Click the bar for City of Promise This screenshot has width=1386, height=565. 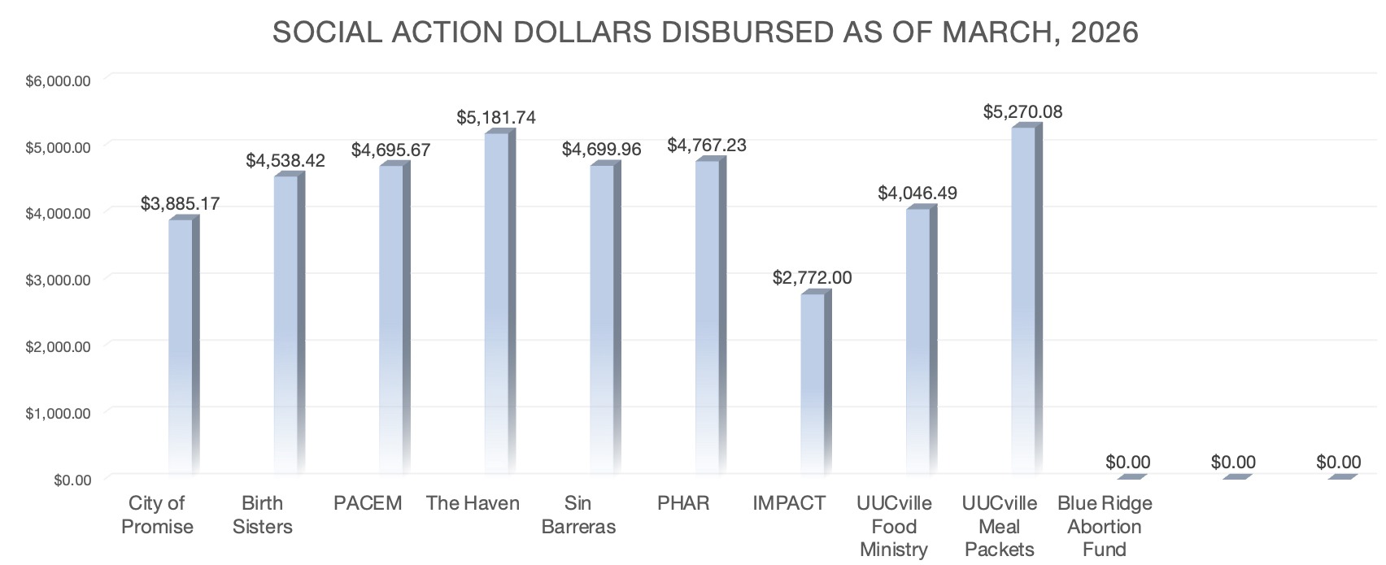[x=181, y=346]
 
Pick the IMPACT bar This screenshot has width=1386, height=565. [x=813, y=382]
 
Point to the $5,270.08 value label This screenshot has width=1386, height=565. [x=1022, y=112]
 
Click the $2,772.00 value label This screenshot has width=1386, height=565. [x=812, y=278]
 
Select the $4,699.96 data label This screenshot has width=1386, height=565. [x=601, y=150]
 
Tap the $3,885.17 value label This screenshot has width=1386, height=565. [x=180, y=203]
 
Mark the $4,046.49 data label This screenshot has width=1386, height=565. [x=917, y=193]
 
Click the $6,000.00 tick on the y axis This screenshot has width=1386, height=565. [x=58, y=80]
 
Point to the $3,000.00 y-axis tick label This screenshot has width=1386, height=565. [x=58, y=280]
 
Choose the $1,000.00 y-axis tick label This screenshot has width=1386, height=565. [x=58, y=413]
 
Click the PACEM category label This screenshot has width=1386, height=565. [x=368, y=503]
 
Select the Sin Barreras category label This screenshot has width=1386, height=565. [x=578, y=515]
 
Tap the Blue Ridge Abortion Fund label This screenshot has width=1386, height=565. [x=1105, y=526]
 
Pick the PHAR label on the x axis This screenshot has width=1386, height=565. [x=683, y=503]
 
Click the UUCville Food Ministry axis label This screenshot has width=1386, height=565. [x=894, y=526]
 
